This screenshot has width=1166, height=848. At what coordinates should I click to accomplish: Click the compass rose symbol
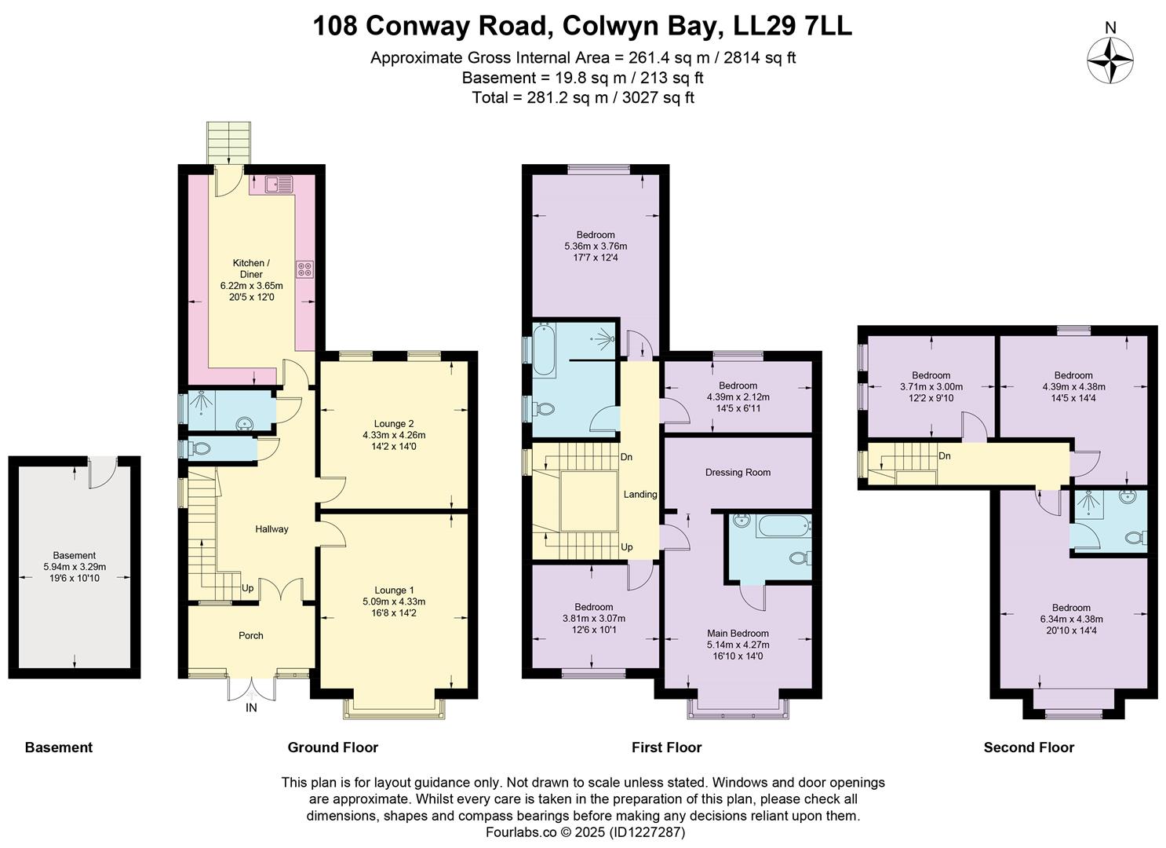pyautogui.click(x=1110, y=60)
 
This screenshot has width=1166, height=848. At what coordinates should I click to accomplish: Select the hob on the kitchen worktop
pyautogui.click(x=304, y=269)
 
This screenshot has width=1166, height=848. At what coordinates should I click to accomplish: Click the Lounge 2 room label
pyautogui.click(x=394, y=424)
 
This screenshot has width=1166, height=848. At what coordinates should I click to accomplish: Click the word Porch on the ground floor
pyautogui.click(x=251, y=635)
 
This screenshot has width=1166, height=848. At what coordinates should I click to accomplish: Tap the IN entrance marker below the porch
pyautogui.click(x=251, y=707)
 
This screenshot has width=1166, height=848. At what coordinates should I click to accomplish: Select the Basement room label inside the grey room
pyautogui.click(x=75, y=555)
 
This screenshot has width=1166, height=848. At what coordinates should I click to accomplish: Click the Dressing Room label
pyautogui.click(x=738, y=472)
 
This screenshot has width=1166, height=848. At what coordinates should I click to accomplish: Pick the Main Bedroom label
pyautogui.click(x=738, y=633)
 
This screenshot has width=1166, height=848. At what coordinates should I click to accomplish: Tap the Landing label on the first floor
pyautogui.click(x=640, y=494)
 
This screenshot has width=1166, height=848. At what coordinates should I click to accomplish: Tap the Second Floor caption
pyautogui.click(x=1029, y=747)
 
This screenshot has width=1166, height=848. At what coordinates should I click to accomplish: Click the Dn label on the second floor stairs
pyautogui.click(x=945, y=456)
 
